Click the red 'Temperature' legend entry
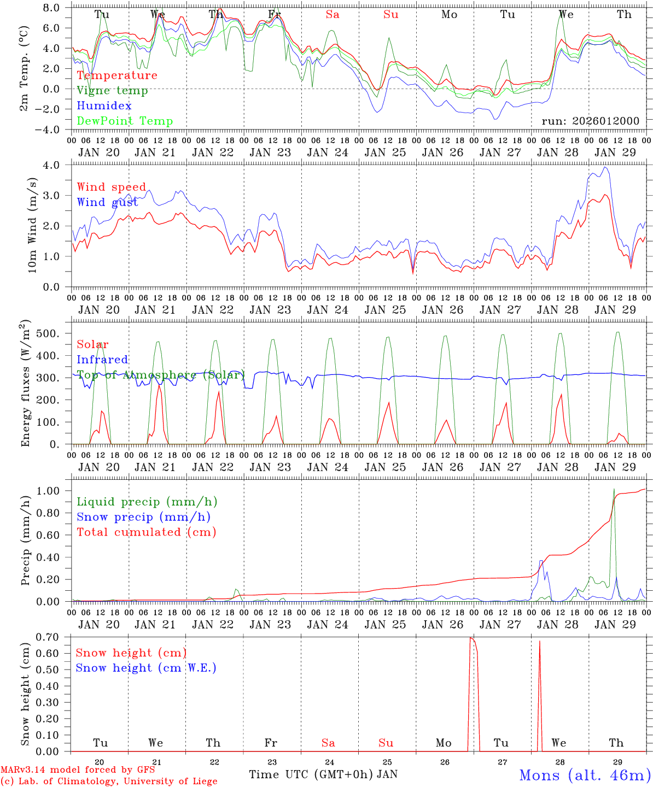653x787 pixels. (117, 75)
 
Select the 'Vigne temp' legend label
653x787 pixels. (112, 91)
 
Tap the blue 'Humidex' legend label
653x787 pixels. (104, 106)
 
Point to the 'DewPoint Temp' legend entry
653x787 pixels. (125, 121)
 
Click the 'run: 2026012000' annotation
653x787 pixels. (590, 121)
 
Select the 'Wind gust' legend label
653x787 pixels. (107, 202)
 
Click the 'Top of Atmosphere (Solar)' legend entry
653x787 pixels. (161, 375)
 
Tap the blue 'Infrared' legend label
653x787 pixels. (102, 360)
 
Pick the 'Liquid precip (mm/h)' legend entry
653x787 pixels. (147, 502)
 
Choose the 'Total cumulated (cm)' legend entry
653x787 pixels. (147, 532)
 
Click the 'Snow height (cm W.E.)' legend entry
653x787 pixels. (146, 668)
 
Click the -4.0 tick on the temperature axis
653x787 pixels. (54, 130)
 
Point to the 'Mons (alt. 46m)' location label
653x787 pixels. (585, 775)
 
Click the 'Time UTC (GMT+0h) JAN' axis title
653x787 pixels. (323, 774)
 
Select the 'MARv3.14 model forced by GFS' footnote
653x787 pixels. (78, 770)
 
